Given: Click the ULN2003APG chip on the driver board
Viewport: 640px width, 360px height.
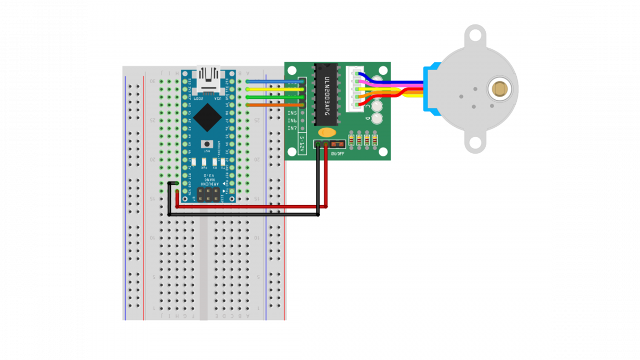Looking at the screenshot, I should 326,95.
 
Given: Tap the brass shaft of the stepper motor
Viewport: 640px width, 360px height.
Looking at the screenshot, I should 499,89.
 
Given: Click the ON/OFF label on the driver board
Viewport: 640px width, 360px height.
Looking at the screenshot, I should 337,154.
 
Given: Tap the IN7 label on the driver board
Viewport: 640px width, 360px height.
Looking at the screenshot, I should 292,128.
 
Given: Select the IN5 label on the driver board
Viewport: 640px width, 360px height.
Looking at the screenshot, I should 292,113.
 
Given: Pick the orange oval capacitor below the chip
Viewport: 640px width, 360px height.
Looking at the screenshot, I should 326,133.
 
